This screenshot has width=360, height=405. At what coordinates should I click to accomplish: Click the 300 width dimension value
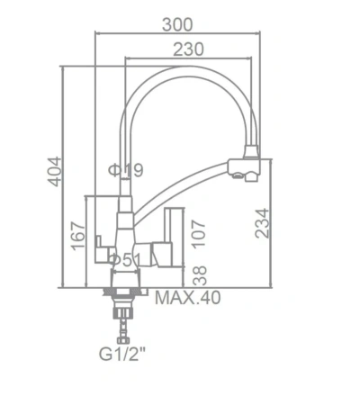pyautogui.click(x=177, y=24)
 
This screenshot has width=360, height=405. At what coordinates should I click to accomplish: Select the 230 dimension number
pyautogui.click(x=188, y=49)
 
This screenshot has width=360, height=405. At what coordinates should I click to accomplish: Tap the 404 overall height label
pyautogui.click(x=54, y=171)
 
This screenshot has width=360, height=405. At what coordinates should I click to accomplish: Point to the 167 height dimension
pyautogui.click(x=77, y=236)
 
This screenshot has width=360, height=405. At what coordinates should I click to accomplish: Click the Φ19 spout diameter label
pyautogui.click(x=126, y=170)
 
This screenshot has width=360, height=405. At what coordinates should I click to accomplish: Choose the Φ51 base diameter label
pyautogui.click(x=125, y=260)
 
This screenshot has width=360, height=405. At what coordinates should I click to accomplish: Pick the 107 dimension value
pyautogui.click(x=199, y=234)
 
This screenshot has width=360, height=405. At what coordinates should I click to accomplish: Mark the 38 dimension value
pyautogui.click(x=199, y=275)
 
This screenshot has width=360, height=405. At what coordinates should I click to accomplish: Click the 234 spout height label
pyautogui.click(x=262, y=223)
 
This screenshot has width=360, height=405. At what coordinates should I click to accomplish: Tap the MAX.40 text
pyautogui.click(x=188, y=298)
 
